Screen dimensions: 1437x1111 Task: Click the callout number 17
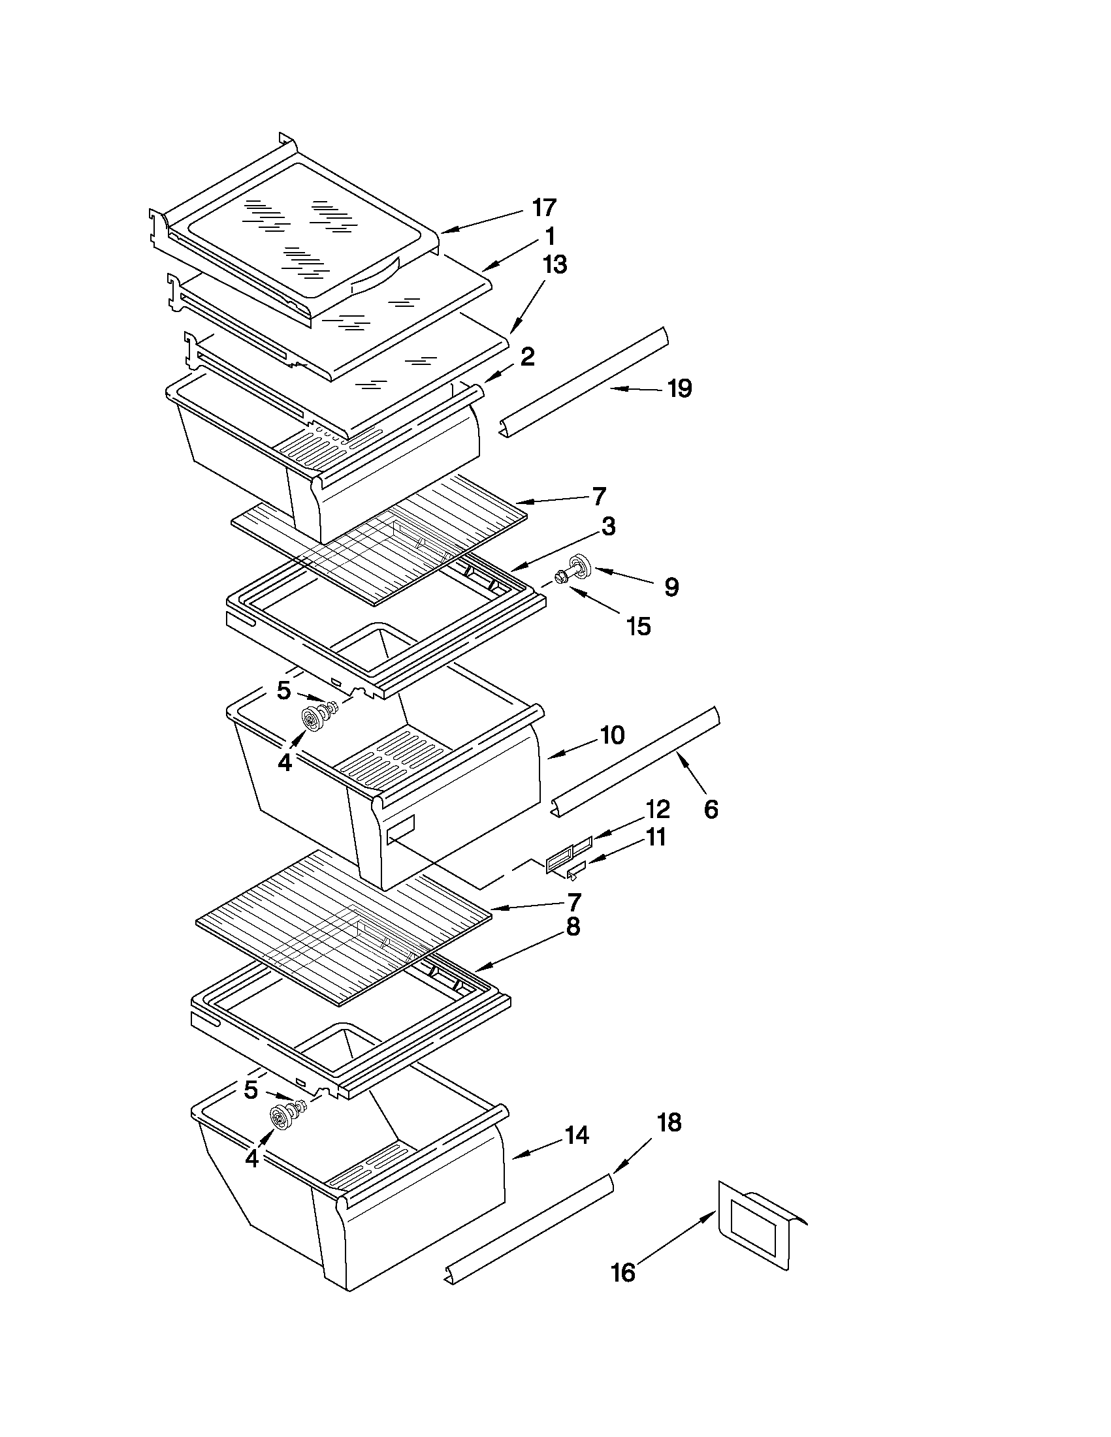click(544, 208)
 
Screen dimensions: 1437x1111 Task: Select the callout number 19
click(679, 389)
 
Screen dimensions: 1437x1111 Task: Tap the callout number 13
click(555, 265)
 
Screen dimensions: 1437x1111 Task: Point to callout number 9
click(671, 587)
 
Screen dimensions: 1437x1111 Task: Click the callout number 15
click(638, 626)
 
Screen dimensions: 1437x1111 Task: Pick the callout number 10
click(612, 735)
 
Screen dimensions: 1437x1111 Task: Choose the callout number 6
click(711, 810)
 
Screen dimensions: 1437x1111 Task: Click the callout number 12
click(658, 809)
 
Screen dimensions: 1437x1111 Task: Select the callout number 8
click(573, 927)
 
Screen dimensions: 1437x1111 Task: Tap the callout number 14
click(577, 1135)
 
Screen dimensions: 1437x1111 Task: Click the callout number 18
click(669, 1122)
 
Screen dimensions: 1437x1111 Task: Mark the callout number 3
click(608, 526)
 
